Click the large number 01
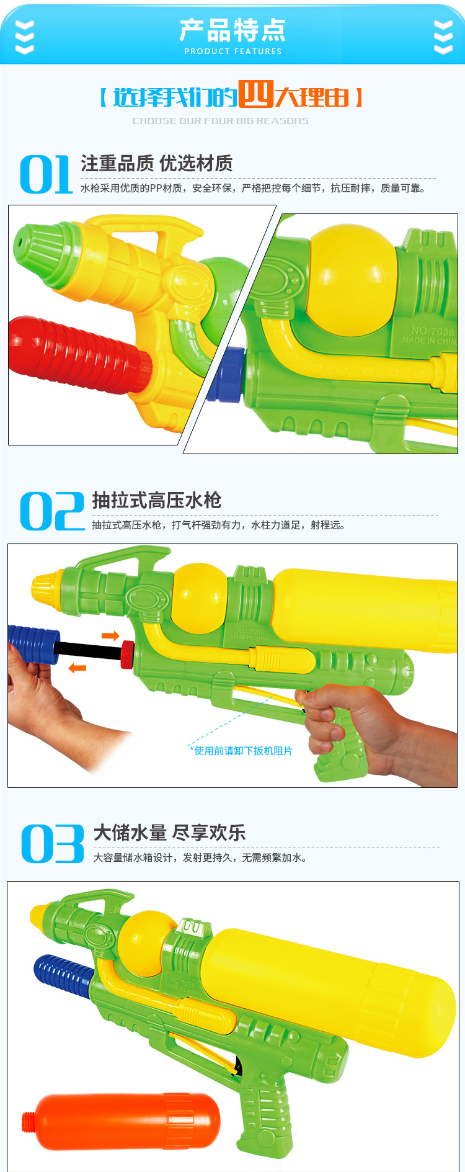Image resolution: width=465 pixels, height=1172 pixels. (x=46, y=175)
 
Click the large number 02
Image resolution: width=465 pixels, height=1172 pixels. (x=52, y=511)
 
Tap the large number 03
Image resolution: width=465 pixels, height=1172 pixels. (x=53, y=844)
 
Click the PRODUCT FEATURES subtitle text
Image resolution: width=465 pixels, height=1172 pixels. (x=232, y=51)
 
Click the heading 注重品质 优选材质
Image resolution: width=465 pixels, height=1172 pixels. (x=156, y=164)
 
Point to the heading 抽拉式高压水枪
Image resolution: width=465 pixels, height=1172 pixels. (x=156, y=501)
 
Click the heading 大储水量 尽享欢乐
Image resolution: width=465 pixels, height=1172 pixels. (x=169, y=833)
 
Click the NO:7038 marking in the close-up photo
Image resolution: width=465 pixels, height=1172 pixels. (x=432, y=331)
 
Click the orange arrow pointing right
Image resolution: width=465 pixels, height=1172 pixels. (x=110, y=635)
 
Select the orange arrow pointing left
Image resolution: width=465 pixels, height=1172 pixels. (x=77, y=668)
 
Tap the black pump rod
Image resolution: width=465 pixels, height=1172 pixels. (x=90, y=650)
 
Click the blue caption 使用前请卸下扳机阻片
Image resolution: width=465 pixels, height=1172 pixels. (x=242, y=751)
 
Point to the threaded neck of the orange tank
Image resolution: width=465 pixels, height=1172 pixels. (x=29, y=1122)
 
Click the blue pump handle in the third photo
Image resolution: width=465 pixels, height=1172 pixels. (x=62, y=974)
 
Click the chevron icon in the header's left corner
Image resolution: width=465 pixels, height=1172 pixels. (x=24, y=37)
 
